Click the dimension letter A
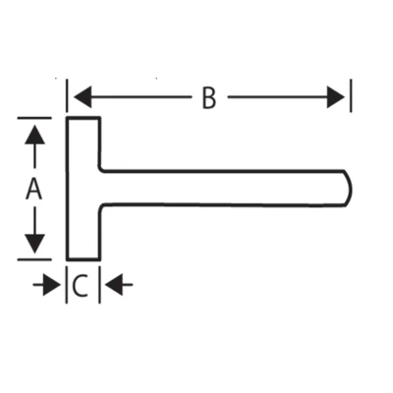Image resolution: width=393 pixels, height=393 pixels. [x=33, y=189]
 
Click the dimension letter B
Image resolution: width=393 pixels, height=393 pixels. [x=209, y=97]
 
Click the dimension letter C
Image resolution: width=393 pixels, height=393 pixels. [x=80, y=285]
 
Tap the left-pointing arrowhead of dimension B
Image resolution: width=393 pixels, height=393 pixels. [x=83, y=97]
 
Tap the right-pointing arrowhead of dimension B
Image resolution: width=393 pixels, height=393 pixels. [x=336, y=97]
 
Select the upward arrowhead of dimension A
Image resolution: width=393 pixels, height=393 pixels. [x=34, y=135]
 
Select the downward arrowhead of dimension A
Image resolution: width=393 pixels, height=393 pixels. [x=34, y=244]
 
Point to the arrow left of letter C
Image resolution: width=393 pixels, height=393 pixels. [x=47, y=285]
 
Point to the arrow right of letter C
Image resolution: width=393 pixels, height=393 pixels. [x=119, y=285]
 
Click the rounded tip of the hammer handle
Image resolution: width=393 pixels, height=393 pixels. [x=351, y=189]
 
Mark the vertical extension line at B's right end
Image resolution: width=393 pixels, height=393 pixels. [x=351, y=95]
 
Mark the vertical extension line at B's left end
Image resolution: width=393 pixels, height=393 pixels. [x=67, y=95]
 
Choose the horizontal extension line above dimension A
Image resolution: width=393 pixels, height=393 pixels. [x=34, y=118]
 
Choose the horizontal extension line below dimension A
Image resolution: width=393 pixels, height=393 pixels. [x=34, y=259]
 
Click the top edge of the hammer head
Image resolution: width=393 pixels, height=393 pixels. [x=84, y=118]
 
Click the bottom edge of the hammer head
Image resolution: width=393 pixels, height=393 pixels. [x=84, y=259]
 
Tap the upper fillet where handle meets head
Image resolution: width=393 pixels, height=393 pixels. [x=101, y=169]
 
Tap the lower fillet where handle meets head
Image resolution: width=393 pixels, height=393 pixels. [x=101, y=207]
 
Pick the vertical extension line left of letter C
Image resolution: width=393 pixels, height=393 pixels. [x=67, y=285]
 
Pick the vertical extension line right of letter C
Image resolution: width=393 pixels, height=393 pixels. [x=99, y=285]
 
